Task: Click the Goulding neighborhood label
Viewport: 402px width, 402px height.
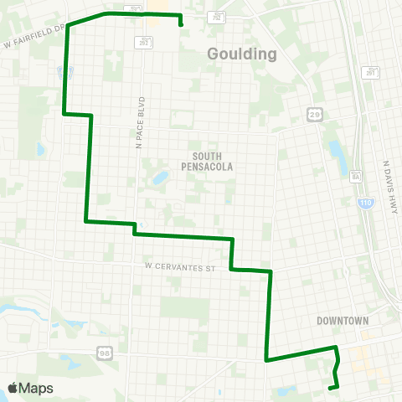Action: [241, 54]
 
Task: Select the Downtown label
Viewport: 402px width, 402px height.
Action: [343, 321]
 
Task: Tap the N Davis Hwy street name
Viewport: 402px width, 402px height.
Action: [388, 188]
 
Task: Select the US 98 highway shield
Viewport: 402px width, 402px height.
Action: [103, 350]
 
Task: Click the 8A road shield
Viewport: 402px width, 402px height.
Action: [355, 177]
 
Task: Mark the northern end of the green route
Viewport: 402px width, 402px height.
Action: [181, 26]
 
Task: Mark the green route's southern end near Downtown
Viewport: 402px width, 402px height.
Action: [329, 388]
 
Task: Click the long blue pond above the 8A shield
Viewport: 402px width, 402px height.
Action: [338, 153]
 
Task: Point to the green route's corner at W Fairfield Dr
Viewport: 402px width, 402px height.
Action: [68, 25]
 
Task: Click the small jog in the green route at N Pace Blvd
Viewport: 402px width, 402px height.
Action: [134, 229]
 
